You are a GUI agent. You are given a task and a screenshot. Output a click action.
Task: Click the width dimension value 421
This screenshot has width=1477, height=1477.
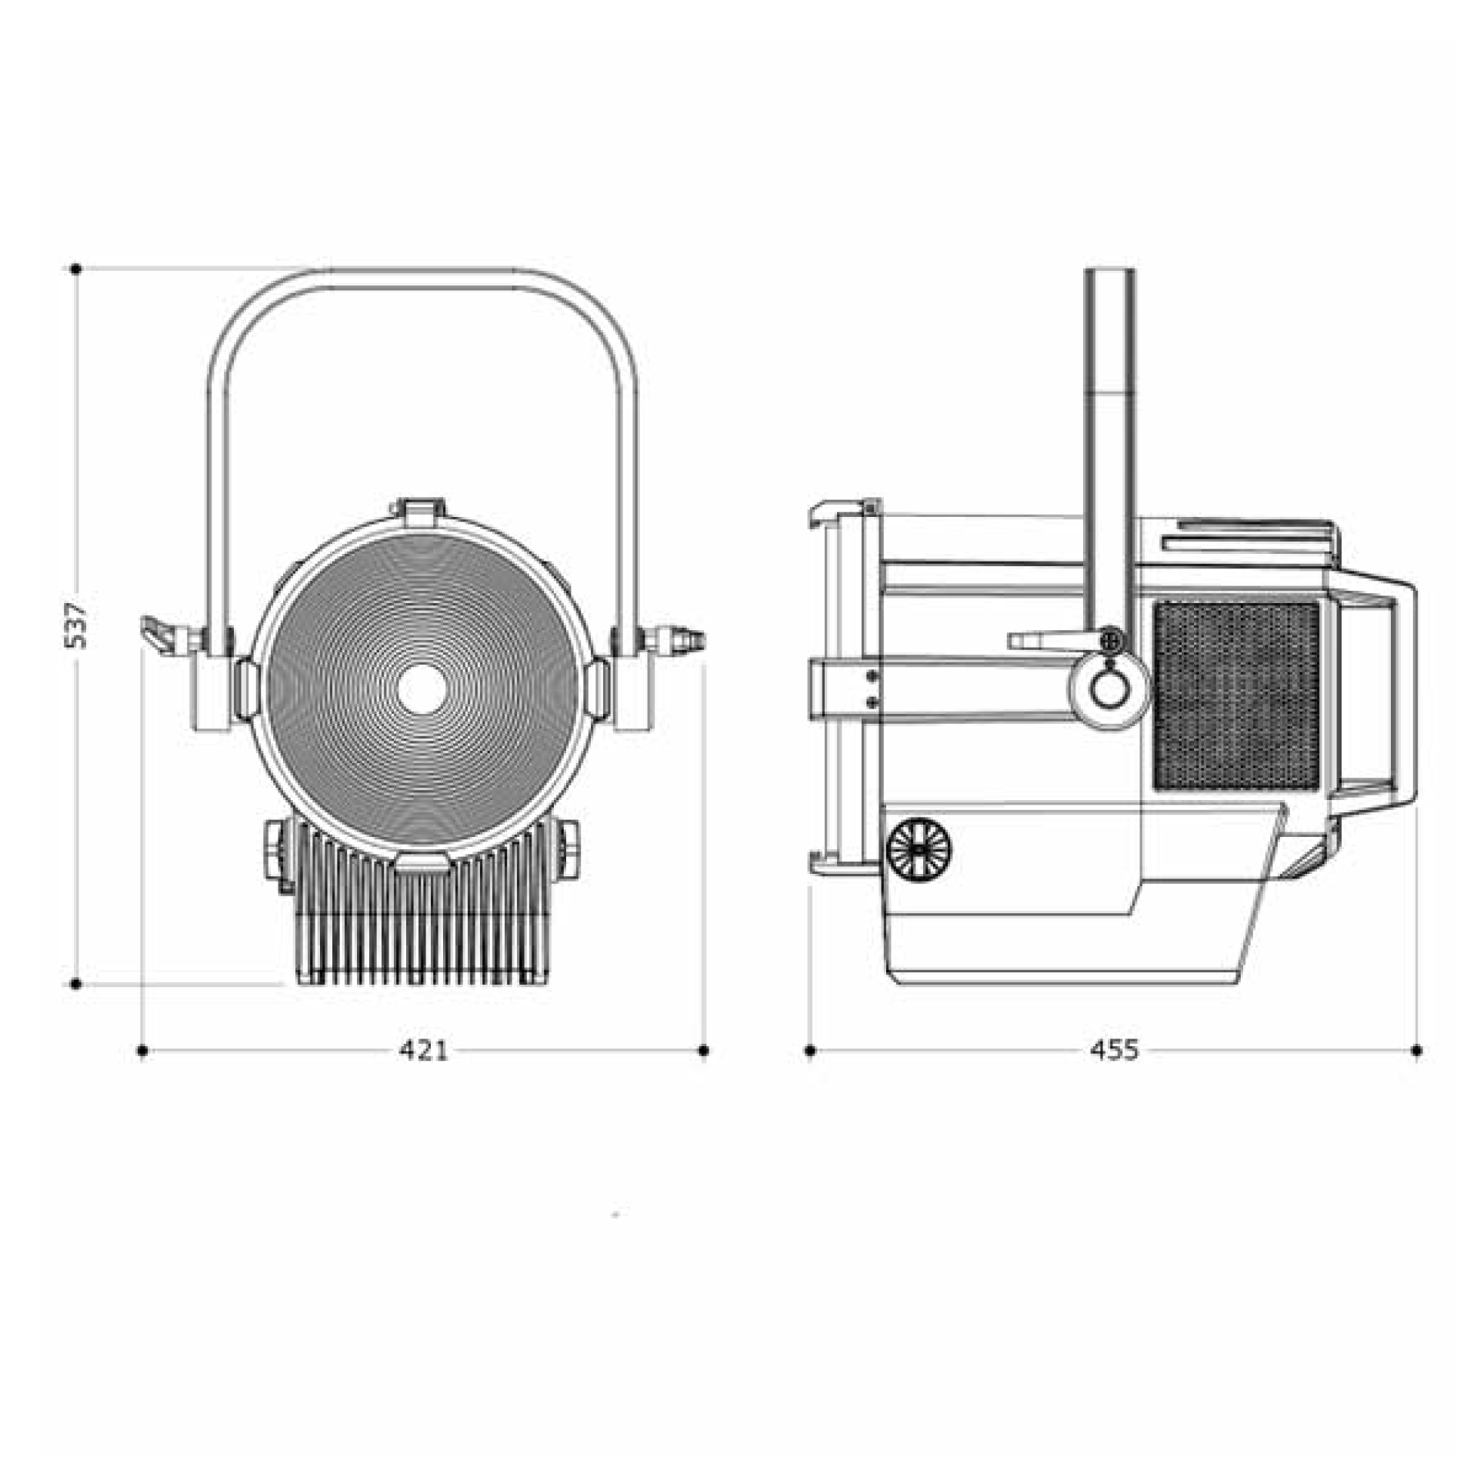click(423, 1050)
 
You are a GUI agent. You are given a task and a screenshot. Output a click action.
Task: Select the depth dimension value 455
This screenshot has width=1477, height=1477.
click(1114, 1050)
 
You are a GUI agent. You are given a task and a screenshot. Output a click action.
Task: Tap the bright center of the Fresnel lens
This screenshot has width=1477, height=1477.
click(422, 687)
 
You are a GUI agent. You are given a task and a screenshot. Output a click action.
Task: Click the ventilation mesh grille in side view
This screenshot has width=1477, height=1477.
click(1236, 696)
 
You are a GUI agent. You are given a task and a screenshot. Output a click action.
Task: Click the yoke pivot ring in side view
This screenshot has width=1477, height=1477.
click(1108, 687)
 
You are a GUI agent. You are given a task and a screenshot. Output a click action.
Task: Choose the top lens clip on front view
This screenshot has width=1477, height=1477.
click(419, 511)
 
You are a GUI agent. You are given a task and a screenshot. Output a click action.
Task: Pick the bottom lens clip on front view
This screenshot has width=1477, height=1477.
click(422, 862)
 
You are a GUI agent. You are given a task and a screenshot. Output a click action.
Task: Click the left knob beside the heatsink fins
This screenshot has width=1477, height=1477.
click(276, 850)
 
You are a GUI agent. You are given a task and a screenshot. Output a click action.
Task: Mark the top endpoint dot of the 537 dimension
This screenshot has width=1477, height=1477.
click(76, 269)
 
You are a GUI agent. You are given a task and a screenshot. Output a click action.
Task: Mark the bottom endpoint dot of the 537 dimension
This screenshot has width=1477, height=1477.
click(76, 984)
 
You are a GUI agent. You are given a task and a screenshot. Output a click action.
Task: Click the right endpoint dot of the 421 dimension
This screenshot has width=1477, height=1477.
click(704, 1050)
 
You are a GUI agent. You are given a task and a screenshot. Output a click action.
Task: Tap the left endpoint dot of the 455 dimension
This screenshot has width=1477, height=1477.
click(809, 1050)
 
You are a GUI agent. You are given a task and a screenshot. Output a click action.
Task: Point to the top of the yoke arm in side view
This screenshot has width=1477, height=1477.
click(1109, 277)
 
